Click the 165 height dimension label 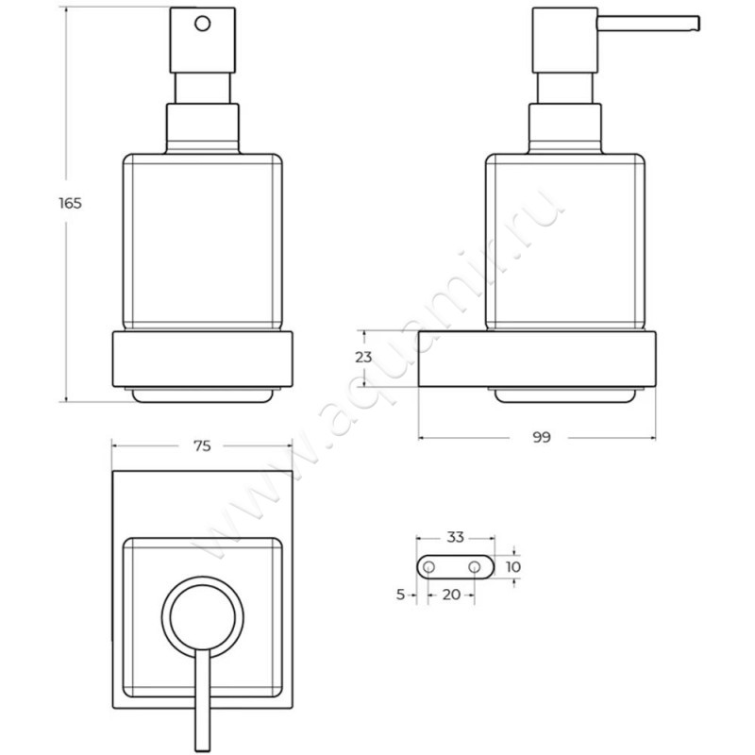point(70,203)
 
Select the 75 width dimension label point(202,446)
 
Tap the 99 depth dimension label point(542,437)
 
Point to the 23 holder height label point(363,358)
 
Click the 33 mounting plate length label point(455,537)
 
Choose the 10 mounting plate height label point(513,567)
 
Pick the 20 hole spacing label point(451,595)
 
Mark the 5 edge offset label point(400,595)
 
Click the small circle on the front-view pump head point(203,24)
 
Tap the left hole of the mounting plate point(428,567)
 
